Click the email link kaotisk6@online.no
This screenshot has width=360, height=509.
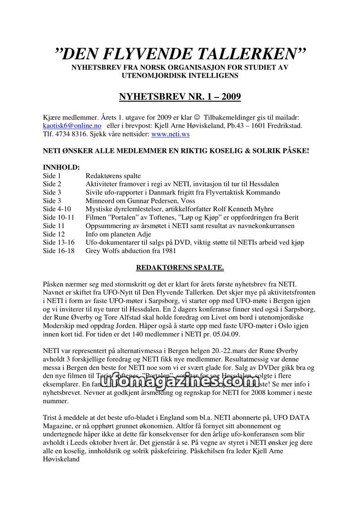[x=72, y=125]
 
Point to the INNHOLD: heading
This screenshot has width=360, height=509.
[x=61, y=167]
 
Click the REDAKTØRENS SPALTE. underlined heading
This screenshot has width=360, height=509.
[x=180, y=268]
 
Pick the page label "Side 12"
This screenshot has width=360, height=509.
[x=54, y=234]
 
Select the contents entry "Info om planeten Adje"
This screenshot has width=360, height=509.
[x=118, y=234]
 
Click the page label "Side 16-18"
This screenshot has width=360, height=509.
[x=58, y=251]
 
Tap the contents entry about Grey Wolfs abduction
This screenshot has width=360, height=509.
[x=130, y=251]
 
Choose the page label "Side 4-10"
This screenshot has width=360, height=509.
[x=56, y=209]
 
